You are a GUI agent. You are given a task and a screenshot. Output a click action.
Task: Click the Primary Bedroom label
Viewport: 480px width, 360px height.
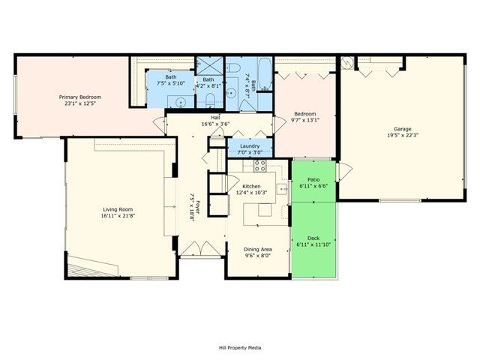80,97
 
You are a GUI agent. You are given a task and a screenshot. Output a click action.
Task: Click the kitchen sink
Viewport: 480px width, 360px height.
283,189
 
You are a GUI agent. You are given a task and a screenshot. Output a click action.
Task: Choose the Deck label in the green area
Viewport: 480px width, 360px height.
313,238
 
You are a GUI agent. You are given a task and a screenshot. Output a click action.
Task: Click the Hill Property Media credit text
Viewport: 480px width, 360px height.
239,347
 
